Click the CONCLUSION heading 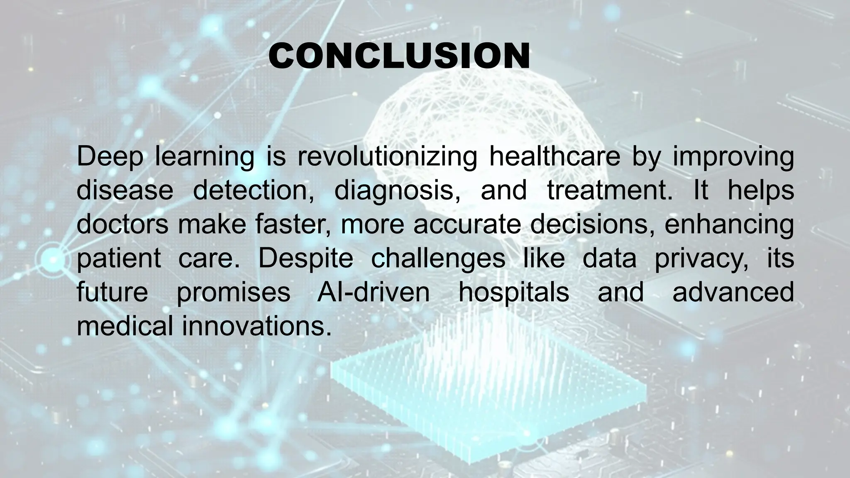click(x=399, y=56)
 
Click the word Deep click(x=110, y=157)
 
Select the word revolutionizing click(x=387, y=157)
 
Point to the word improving click(x=733, y=157)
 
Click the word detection click(x=253, y=190)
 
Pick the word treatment click(x=609, y=190)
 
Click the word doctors click(x=122, y=224)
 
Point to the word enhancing click(x=729, y=224)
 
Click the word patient click(x=119, y=258)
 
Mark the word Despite click(x=305, y=258)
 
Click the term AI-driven click(x=374, y=292)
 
